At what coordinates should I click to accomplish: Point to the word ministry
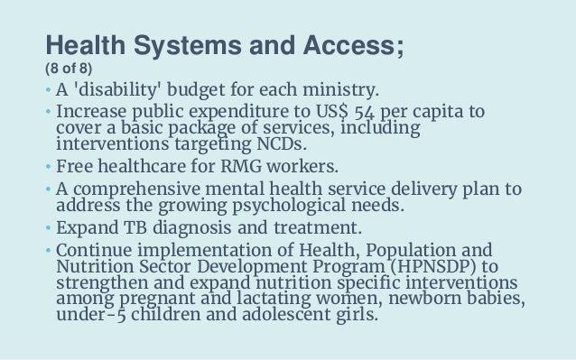(x=342, y=91)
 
